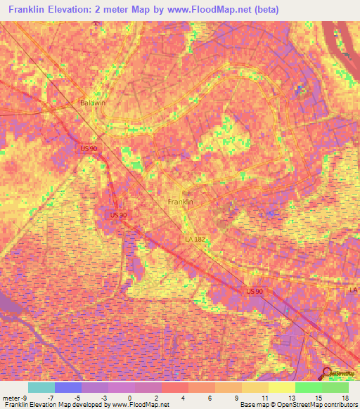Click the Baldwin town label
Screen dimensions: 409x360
[92, 103]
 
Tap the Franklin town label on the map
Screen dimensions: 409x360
[181, 202]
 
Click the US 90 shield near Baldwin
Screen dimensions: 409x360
[89, 148]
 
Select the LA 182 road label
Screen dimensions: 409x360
[195, 240]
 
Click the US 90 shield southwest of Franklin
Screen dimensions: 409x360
[119, 215]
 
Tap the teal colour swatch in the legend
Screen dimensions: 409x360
[41, 387]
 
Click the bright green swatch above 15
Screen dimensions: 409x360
[308, 387]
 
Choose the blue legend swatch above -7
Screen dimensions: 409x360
[67, 387]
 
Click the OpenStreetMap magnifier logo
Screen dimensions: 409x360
[328, 373]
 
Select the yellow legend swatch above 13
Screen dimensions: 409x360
[281, 387]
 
